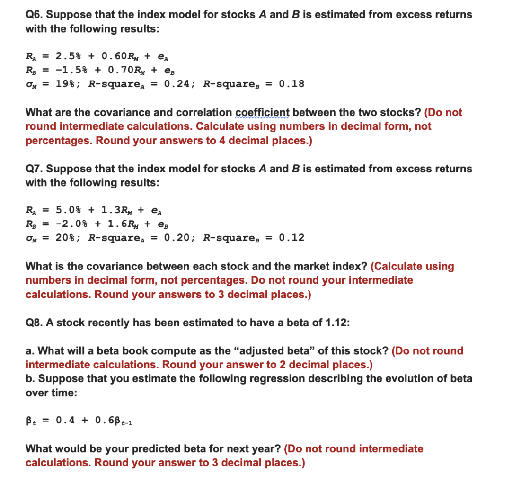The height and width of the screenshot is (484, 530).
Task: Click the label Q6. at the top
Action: tap(34, 15)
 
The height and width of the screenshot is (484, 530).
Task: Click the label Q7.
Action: tap(35, 169)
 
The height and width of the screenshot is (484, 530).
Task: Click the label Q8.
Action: tap(35, 323)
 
